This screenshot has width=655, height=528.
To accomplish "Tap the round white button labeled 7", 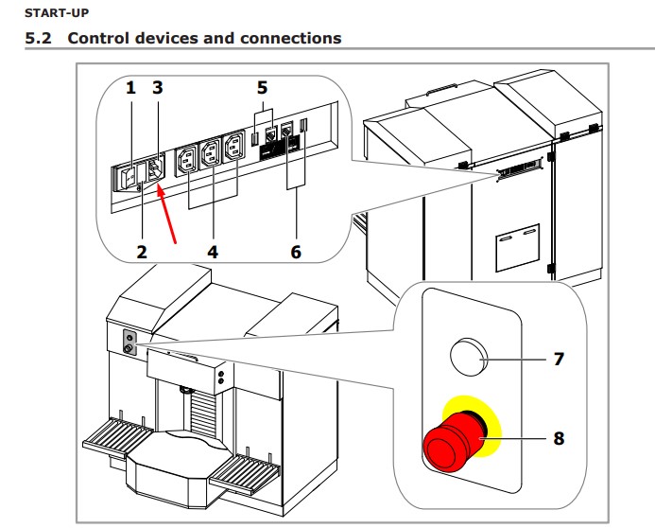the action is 469,357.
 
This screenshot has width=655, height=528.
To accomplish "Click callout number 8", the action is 559,438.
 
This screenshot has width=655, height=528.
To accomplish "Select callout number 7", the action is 559,359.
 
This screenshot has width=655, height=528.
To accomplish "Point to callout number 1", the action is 130,88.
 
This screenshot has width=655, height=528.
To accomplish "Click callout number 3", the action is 157,88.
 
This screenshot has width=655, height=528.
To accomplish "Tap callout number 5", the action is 262,88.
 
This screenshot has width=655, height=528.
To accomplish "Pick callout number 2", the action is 142,252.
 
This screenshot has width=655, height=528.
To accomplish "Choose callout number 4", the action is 213,252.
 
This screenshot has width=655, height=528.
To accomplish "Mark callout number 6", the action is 296,252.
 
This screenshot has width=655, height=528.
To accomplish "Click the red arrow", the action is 166,215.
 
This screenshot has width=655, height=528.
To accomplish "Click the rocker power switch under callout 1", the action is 129,178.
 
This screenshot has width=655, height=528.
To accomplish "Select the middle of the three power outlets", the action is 210,153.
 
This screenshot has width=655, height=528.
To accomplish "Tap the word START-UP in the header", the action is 57,13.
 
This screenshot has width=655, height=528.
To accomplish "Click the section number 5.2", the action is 39,38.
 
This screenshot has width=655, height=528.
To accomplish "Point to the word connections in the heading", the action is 291,38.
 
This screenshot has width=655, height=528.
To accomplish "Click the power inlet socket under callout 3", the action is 156,168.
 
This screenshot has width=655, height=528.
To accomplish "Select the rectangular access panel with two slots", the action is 518,248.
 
